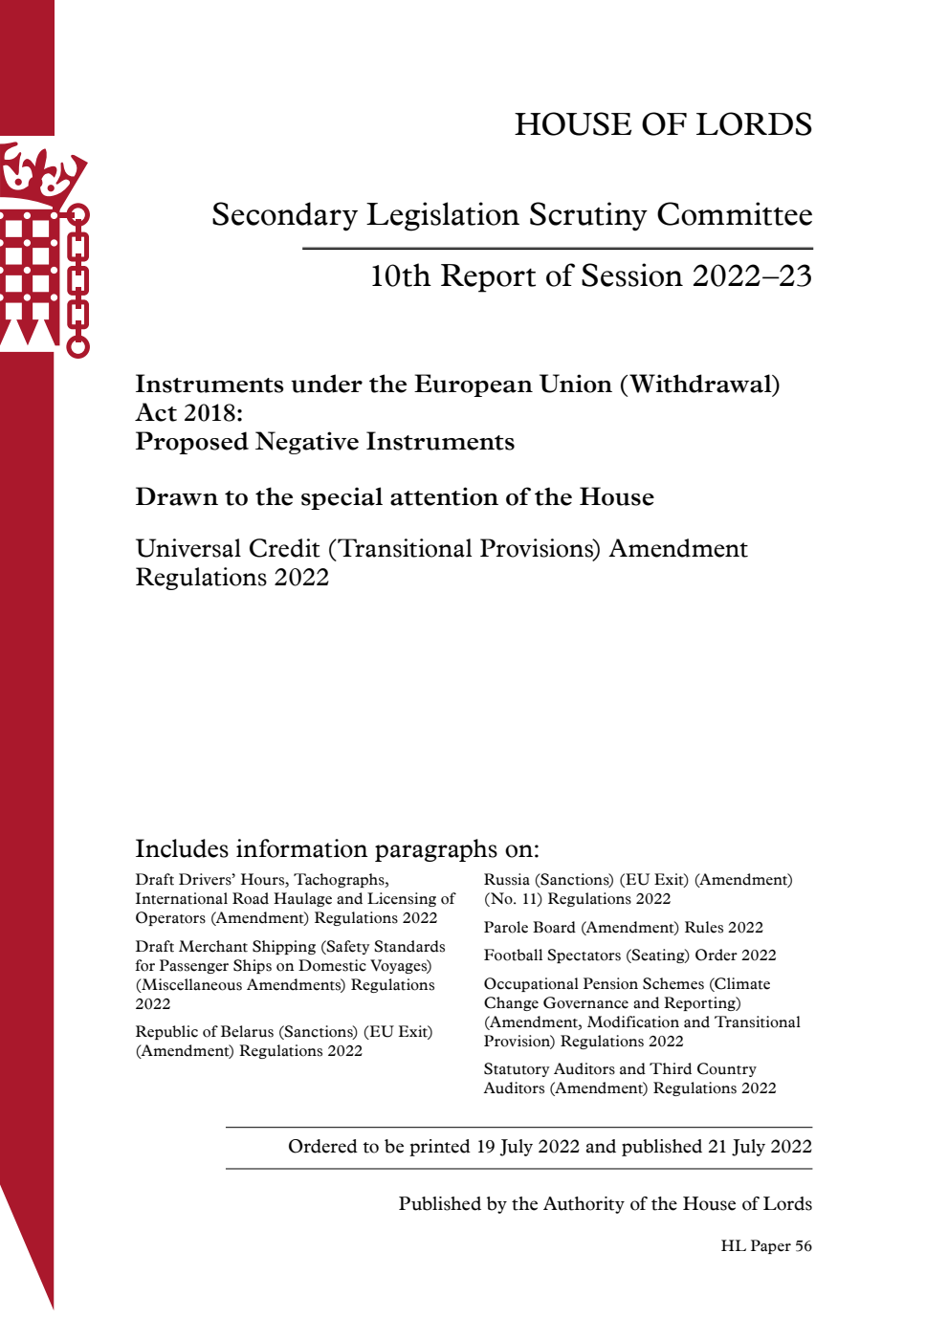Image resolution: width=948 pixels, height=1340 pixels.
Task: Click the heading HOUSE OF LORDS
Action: [663, 124]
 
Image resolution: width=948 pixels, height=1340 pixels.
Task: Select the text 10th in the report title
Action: [400, 276]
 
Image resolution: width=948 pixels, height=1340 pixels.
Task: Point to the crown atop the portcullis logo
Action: [43, 172]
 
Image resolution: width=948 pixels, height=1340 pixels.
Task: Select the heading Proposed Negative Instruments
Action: [325, 442]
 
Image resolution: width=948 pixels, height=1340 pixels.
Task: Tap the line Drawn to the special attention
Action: [394, 497]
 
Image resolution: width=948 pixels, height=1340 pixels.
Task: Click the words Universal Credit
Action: [228, 549]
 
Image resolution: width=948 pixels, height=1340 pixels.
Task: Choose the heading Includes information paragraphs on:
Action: [337, 849]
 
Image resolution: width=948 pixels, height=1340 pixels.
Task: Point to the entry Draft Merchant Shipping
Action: [225, 947]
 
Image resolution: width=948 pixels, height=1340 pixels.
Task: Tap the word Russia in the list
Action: [506, 880]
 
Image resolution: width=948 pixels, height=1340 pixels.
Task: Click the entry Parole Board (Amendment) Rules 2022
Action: [623, 928]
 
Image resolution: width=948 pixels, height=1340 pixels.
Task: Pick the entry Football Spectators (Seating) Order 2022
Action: [629, 956]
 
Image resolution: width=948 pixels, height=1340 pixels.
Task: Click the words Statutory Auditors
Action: [549, 1069]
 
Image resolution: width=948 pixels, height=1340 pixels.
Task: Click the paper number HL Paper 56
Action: [766, 1246]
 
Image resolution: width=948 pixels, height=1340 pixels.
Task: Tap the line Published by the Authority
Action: [605, 1204]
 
